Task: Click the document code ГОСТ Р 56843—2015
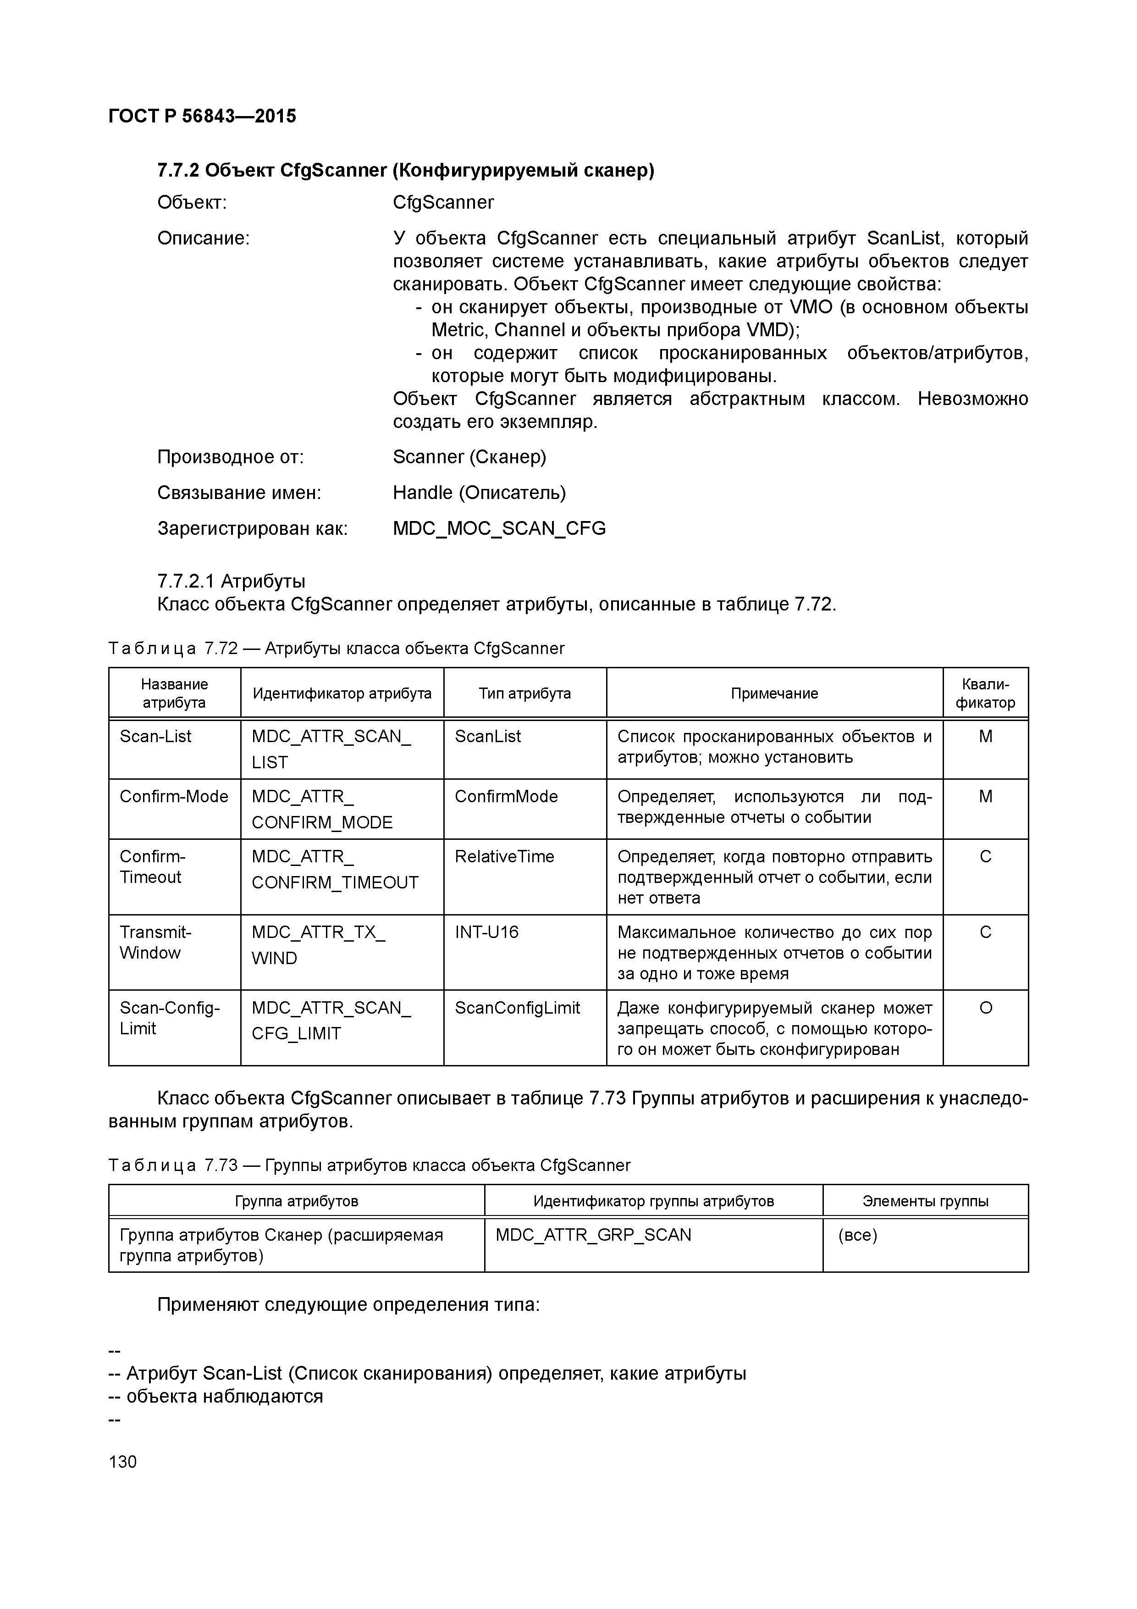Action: coord(203,116)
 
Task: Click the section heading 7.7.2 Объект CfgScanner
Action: coord(406,170)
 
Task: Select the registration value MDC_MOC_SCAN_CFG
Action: coord(499,528)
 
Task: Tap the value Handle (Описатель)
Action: coord(479,493)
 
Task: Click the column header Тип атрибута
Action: coord(524,693)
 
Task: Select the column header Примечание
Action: coord(774,693)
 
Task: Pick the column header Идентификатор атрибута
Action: coord(342,693)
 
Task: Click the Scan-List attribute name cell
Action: coord(155,737)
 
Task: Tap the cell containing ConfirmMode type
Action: coord(506,797)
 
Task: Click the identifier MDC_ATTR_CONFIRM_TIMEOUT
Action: coord(335,870)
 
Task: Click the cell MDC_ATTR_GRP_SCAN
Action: coord(593,1235)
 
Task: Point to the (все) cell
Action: coord(857,1235)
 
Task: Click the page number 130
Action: coord(123,1462)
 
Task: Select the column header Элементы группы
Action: coord(925,1201)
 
